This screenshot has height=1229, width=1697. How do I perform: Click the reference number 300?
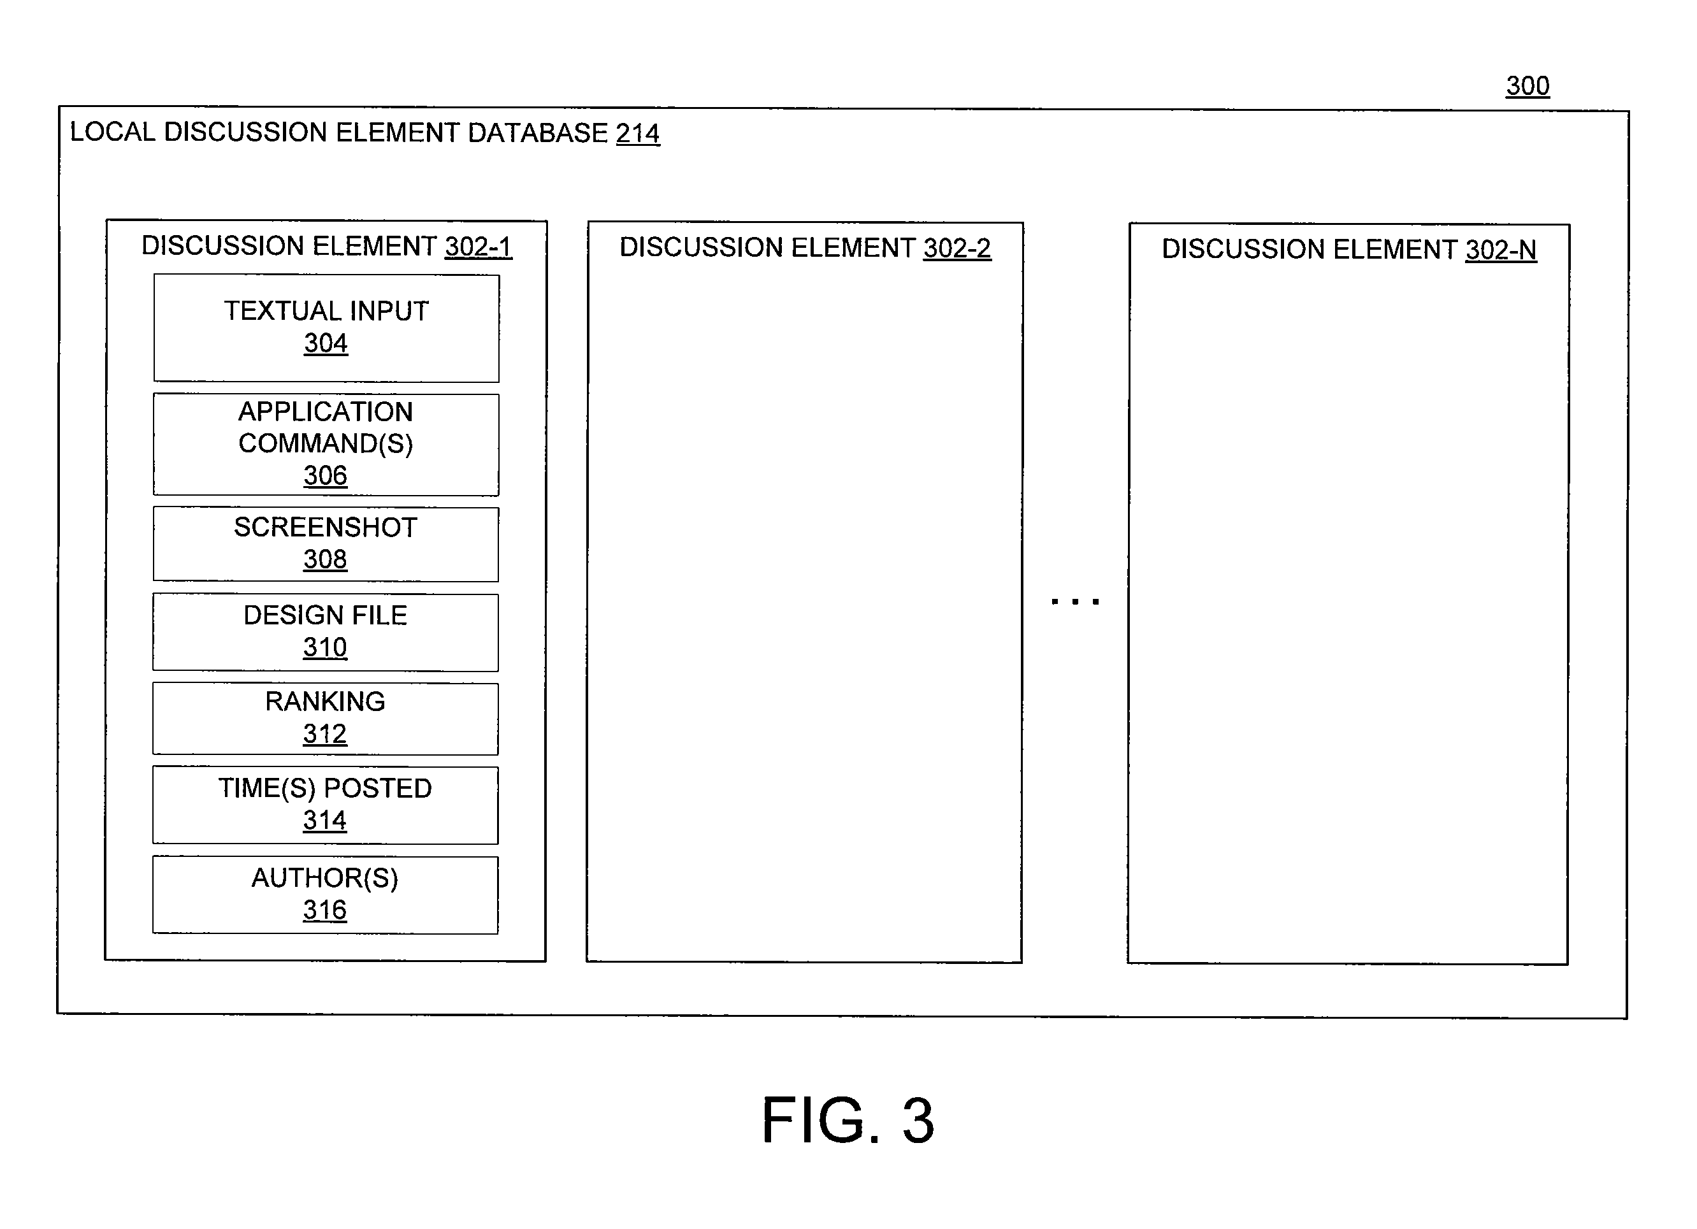coord(1527,86)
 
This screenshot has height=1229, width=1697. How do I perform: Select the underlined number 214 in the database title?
coord(637,133)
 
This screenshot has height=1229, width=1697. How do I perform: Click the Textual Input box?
coord(326,328)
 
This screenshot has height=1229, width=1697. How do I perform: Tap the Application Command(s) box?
coord(326,444)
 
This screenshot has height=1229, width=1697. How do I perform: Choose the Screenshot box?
coord(326,545)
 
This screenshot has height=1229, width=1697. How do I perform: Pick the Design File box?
coord(326,633)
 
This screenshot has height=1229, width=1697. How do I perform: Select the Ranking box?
coord(326,719)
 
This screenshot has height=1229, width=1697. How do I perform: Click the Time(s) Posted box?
coord(326,805)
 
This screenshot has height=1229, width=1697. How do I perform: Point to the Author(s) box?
coord(326,895)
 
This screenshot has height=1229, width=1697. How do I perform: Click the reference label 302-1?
coord(479,246)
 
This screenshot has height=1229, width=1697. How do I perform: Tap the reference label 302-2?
coord(957,248)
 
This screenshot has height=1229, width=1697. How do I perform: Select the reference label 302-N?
coord(1501,250)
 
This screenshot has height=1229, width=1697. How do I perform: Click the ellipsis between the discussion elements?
coord(1075,601)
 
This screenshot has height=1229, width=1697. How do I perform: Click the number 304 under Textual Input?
coord(326,343)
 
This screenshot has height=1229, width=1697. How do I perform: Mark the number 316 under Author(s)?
coord(325,910)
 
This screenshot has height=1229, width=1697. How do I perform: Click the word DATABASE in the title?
coord(537,133)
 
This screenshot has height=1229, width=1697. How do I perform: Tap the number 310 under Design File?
coord(325,647)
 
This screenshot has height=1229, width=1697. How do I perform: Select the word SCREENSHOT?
coord(326,528)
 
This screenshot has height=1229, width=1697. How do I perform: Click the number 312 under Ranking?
coord(325,734)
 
